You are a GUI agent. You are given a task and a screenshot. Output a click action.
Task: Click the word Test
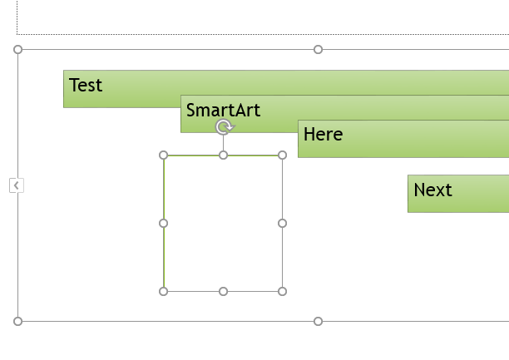tap(86, 85)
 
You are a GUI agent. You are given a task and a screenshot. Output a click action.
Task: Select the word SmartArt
tap(223, 110)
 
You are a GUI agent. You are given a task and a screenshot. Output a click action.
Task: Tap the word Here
tap(323, 134)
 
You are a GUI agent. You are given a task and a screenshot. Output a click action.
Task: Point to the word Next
tap(432, 190)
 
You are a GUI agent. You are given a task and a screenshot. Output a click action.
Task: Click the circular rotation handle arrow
tap(224, 127)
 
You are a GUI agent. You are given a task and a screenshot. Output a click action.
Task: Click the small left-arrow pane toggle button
tap(17, 185)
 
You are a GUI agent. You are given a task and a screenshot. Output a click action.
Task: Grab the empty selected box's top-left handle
tap(164, 155)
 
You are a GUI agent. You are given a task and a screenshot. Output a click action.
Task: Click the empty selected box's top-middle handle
tap(224, 155)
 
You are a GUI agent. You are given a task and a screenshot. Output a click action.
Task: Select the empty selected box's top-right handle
tap(283, 155)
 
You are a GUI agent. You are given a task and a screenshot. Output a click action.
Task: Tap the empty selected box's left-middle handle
tap(164, 224)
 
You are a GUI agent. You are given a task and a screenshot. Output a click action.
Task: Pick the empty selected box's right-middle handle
tap(283, 224)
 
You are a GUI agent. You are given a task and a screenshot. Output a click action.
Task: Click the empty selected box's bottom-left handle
tap(164, 292)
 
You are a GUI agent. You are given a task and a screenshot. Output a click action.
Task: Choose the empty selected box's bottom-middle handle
tap(224, 292)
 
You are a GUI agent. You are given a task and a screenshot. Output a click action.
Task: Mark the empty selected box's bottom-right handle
tap(283, 292)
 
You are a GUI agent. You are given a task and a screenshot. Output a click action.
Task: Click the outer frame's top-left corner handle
tap(17, 49)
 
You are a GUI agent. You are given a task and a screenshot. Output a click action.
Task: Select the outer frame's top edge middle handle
tap(318, 49)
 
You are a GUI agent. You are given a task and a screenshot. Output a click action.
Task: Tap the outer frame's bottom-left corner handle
tap(17, 322)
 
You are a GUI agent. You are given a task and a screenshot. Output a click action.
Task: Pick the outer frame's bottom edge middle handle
tap(318, 322)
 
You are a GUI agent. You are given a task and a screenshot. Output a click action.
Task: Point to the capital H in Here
tap(309, 134)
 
